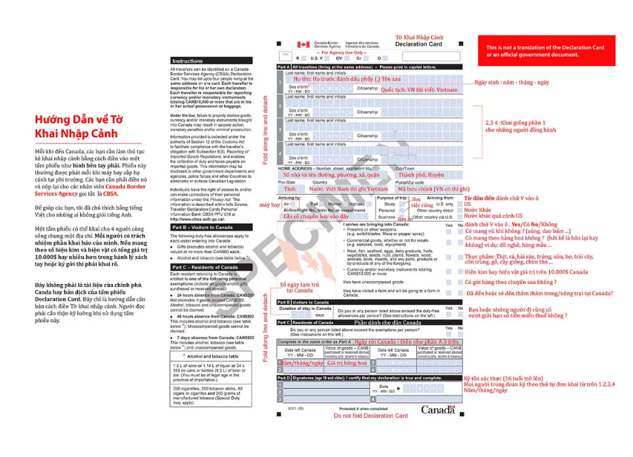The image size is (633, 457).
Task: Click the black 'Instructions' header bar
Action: pyautogui.click(x=210, y=61)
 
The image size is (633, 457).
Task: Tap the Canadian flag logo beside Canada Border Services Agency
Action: pyautogui.click(x=304, y=45)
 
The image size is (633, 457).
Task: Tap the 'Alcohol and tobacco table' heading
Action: pyautogui.click(x=212, y=356)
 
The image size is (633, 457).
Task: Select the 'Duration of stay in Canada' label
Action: pyautogui.click(x=305, y=309)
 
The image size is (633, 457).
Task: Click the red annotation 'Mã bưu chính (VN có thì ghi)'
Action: pyautogui.click(x=433, y=188)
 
